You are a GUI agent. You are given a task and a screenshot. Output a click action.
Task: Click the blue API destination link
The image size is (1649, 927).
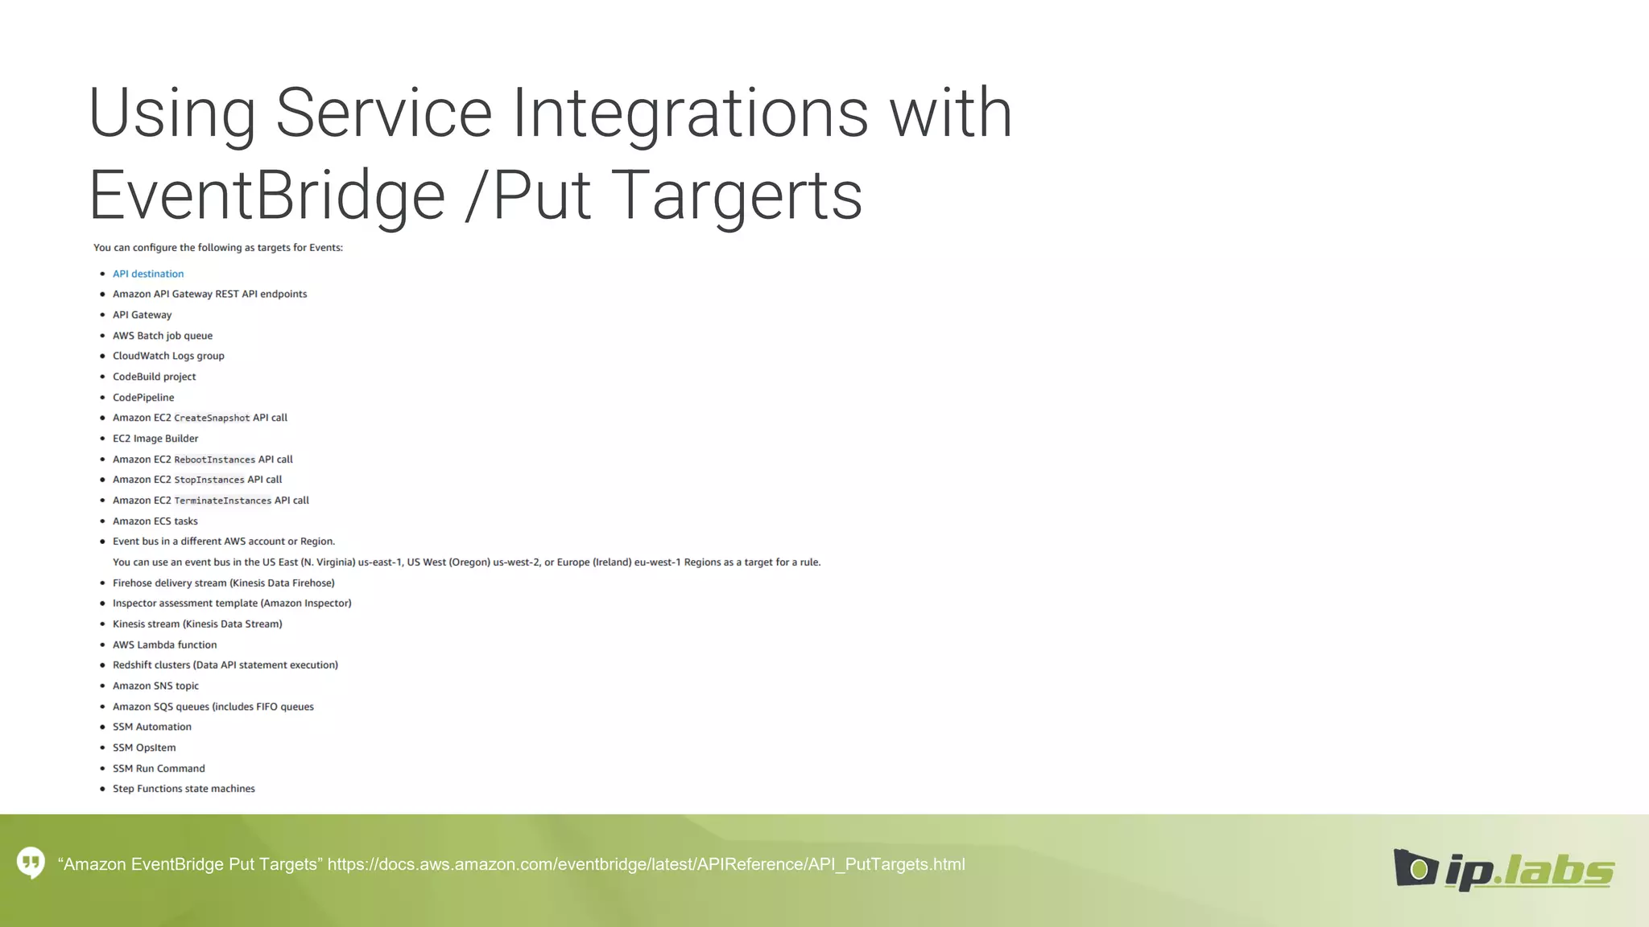click(x=148, y=274)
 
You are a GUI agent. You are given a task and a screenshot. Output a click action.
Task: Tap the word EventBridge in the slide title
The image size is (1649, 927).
click(x=267, y=196)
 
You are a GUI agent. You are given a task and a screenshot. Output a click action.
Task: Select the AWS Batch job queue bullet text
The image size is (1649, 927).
click(x=163, y=336)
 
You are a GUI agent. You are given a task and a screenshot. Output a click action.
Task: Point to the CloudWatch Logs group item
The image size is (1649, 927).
click(x=168, y=356)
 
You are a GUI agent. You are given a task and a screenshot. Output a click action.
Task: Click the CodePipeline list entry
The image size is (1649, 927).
click(x=143, y=398)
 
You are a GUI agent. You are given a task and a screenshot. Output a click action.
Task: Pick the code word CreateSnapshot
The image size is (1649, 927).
click(x=212, y=418)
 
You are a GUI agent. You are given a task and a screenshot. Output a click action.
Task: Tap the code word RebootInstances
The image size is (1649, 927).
click(x=214, y=459)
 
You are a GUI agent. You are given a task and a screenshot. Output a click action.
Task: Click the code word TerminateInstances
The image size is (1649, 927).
click(x=223, y=501)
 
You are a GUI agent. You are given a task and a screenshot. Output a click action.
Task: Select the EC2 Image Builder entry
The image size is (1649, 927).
click(x=155, y=439)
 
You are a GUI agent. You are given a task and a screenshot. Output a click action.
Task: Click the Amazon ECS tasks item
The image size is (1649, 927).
click(x=155, y=521)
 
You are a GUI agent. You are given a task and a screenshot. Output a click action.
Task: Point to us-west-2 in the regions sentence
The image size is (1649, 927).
click(x=516, y=562)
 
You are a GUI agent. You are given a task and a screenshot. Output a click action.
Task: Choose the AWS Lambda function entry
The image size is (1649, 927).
click(x=165, y=645)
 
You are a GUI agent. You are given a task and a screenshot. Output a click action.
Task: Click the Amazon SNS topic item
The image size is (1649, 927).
click(x=155, y=686)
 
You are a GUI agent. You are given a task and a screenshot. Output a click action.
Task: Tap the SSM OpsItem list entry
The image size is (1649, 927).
click(x=144, y=748)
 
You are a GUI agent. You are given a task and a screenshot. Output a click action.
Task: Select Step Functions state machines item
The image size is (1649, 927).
click(x=184, y=789)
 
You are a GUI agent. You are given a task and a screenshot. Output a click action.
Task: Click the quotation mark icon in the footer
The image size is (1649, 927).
click(x=31, y=863)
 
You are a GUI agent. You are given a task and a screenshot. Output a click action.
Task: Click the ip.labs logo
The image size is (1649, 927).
click(x=1503, y=870)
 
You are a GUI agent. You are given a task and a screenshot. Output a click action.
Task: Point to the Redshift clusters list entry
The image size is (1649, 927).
click(x=225, y=665)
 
